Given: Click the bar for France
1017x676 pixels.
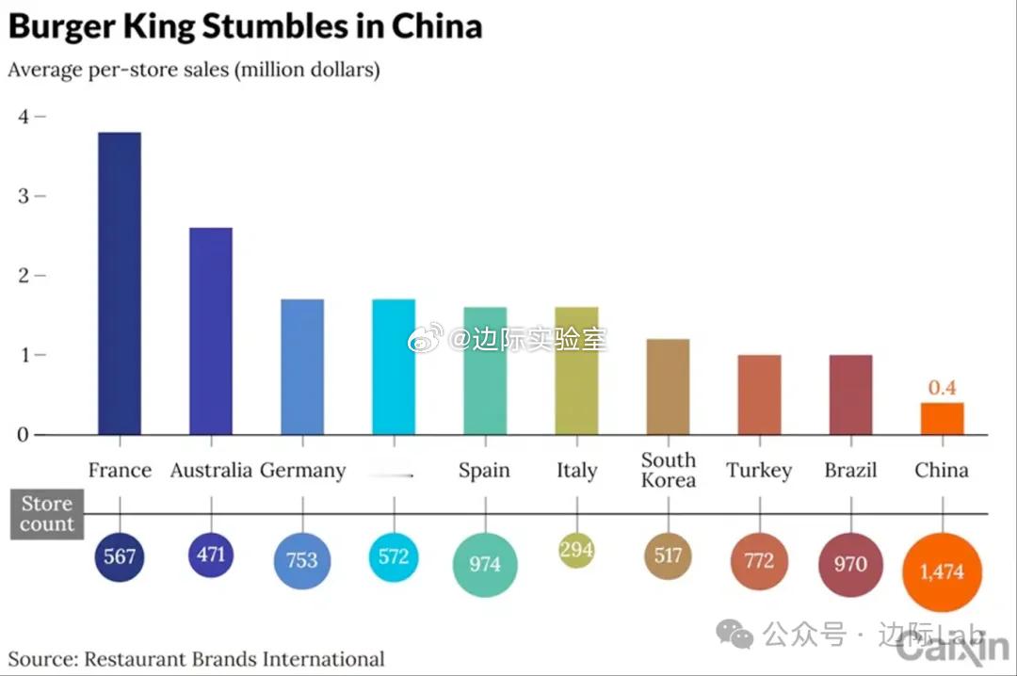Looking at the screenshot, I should point(120,282).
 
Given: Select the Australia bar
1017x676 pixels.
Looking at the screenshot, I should point(211,330).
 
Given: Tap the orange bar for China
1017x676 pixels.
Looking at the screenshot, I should point(942,419).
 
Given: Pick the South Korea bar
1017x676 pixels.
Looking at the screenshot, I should point(668,387).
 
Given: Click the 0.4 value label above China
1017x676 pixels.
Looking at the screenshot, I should point(942,388).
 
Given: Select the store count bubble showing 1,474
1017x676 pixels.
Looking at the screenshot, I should point(942,571).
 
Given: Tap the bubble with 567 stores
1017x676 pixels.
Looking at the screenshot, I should point(120,556).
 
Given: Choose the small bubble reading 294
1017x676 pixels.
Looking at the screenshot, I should point(576,550).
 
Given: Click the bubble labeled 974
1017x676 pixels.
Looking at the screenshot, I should point(485,564).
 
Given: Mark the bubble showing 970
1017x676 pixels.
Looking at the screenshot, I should point(850,564).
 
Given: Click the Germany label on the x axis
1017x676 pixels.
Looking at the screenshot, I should point(302,470).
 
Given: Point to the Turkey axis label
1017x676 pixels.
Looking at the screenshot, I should point(759,470).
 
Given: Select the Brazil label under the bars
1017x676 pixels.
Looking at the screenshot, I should point(850,470).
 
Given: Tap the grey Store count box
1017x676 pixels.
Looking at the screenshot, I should point(47,514).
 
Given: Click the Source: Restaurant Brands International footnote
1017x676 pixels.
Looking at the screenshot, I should point(197,659).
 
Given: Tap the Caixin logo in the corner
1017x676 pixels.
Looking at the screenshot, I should point(952,649).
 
